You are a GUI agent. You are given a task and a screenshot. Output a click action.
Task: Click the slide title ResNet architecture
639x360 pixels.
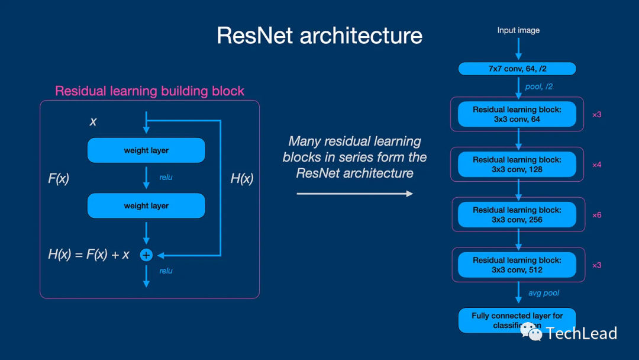pos(319,36)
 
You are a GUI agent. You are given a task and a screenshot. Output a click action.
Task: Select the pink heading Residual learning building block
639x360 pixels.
pos(150,91)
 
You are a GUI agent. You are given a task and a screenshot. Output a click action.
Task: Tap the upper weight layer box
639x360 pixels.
pos(146,150)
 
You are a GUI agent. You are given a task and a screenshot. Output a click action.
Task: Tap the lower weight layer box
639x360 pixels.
pos(146,206)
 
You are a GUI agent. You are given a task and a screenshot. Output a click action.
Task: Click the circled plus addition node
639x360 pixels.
pos(146,255)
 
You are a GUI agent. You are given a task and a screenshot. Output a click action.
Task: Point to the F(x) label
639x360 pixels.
pos(59,178)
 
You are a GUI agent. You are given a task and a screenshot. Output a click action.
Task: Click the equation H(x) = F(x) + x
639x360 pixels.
pos(89,255)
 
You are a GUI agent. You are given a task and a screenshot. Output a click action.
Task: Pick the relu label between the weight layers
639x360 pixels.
pos(166,177)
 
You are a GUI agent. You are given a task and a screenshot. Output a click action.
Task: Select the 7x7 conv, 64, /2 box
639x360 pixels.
pos(517,69)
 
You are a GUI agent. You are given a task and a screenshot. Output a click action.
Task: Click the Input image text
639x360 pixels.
pos(518,30)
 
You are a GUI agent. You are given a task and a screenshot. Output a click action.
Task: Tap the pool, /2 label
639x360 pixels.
pos(539,86)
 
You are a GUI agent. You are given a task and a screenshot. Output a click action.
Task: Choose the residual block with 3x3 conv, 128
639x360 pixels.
pos(517,165)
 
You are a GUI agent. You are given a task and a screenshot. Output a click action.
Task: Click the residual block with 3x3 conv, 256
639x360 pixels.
pos(517,215)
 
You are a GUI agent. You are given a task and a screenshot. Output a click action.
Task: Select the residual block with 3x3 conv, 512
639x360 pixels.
pos(517,265)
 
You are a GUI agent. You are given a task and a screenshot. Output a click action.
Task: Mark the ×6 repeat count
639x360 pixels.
pos(596,215)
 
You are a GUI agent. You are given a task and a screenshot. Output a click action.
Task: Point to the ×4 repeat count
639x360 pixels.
pos(596,165)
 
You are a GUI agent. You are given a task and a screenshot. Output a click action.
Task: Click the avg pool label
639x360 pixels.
pos(543,293)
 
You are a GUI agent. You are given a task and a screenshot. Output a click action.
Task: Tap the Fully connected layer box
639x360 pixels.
pos(517,320)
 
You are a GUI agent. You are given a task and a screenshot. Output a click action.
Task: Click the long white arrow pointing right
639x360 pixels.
pos(354,194)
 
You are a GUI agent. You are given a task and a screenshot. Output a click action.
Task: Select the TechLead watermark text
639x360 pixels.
pos(581,333)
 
